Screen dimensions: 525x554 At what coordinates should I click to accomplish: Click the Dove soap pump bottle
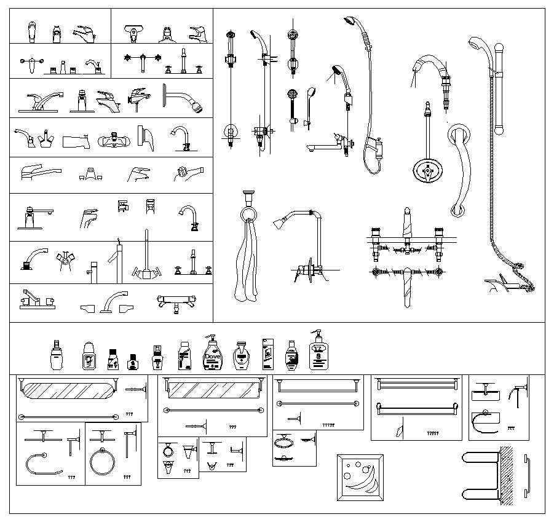tap(212, 354)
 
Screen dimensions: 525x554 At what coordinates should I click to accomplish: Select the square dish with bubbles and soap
tap(360, 477)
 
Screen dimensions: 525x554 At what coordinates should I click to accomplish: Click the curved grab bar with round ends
tap(459, 169)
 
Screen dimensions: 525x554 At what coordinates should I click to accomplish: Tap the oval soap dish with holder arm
tap(283, 443)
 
